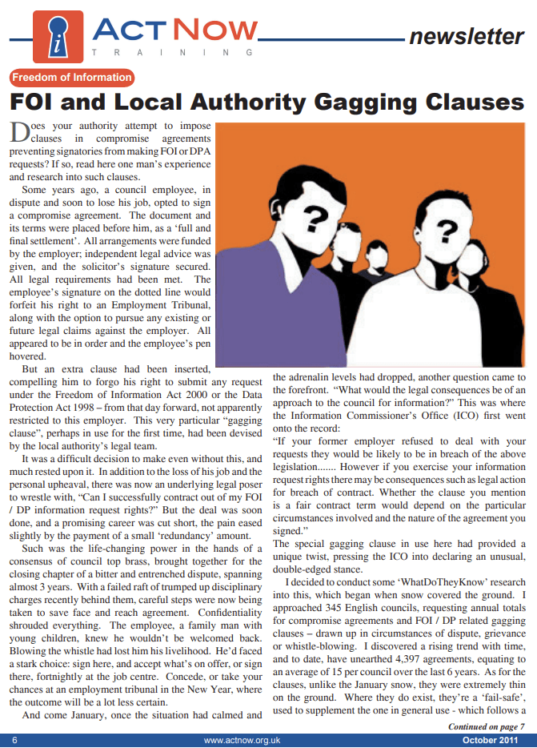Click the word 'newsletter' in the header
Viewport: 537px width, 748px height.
pos(466,36)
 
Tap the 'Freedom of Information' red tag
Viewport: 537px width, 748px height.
pos(72,78)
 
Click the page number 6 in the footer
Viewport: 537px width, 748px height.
pos(14,740)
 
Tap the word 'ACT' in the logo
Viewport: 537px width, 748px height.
pos(128,30)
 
